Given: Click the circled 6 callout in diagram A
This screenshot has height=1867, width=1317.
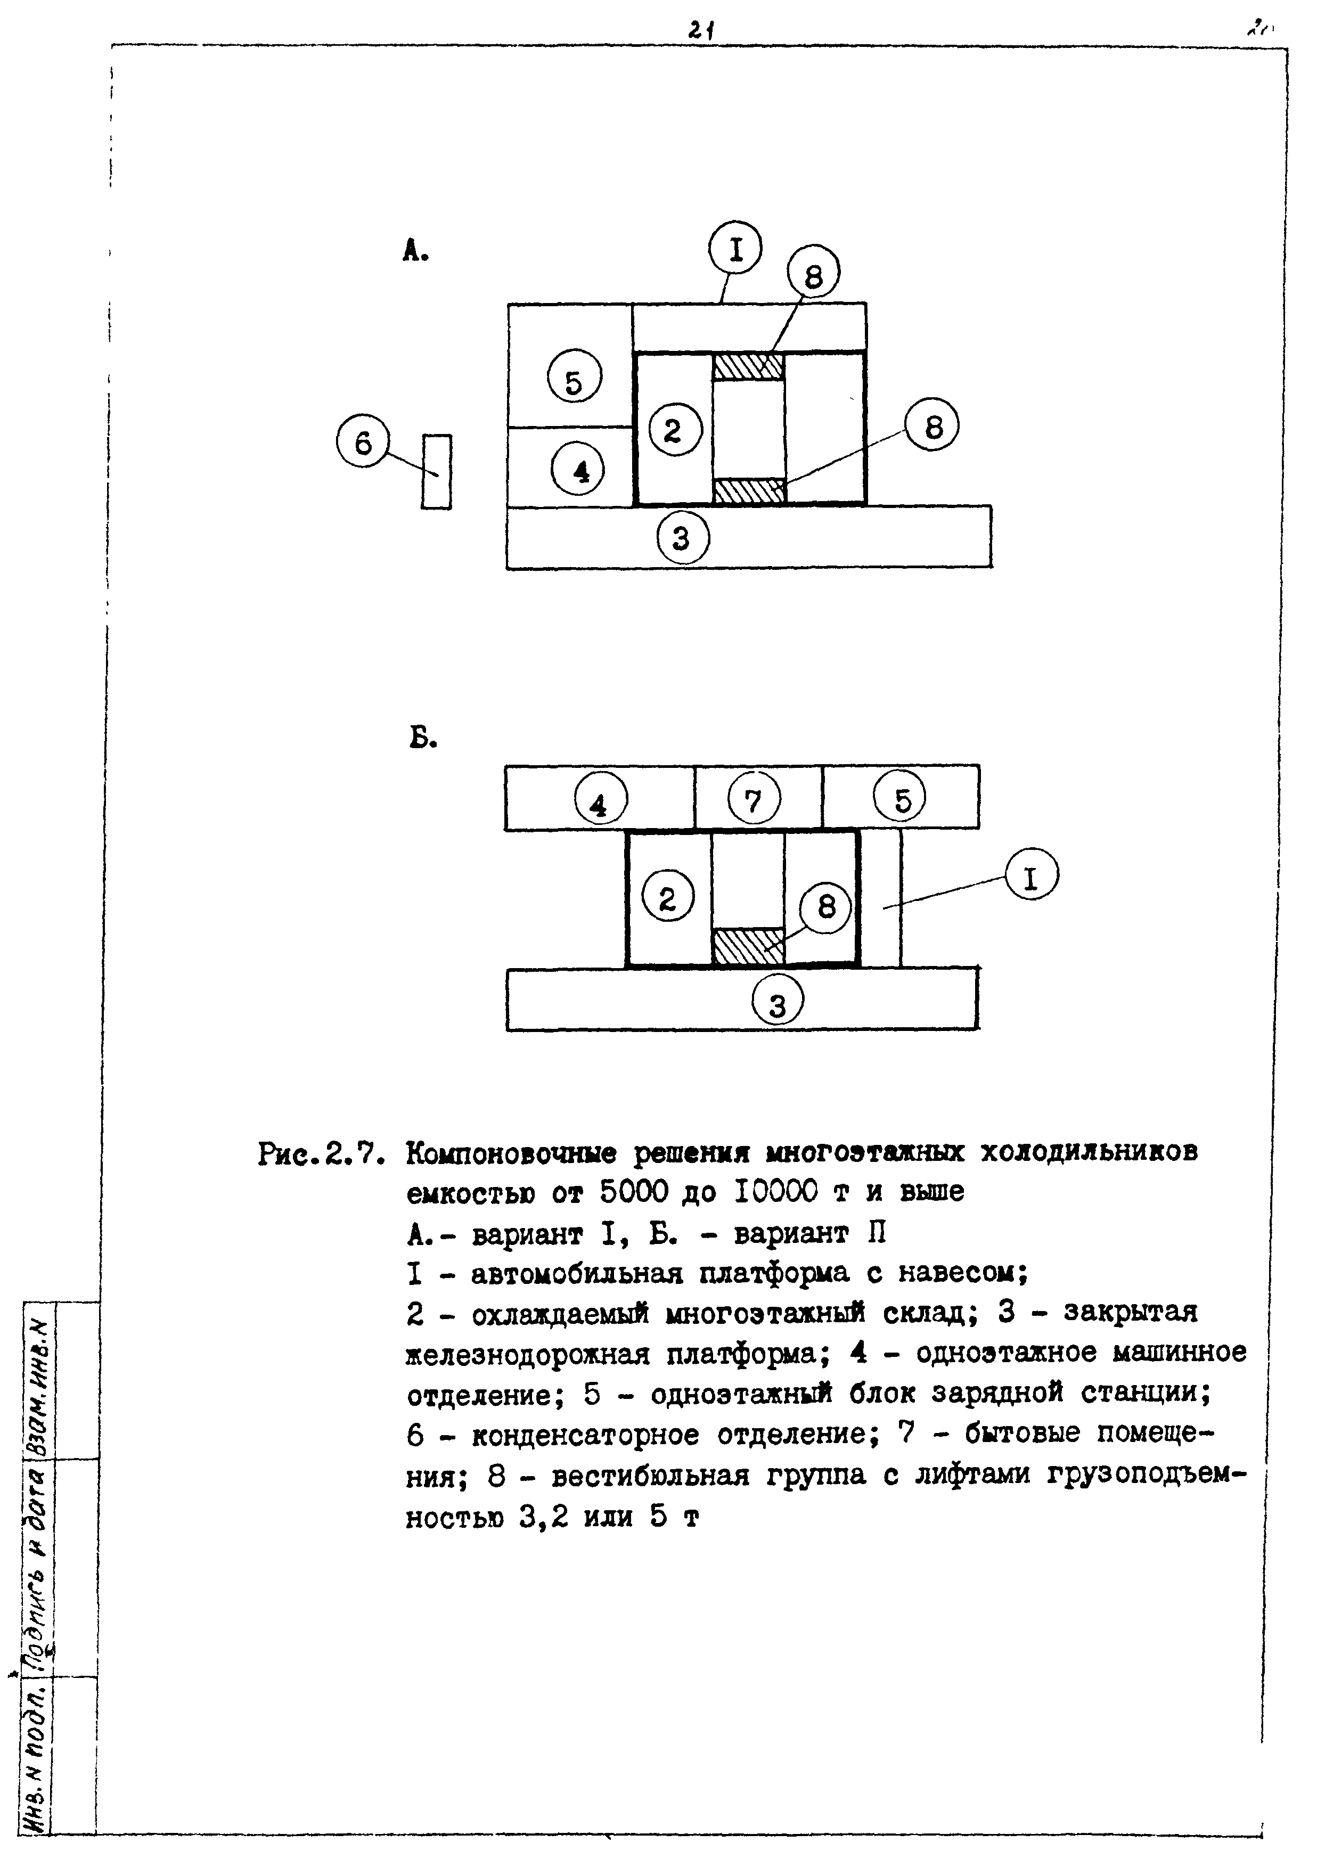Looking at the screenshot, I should [363, 444].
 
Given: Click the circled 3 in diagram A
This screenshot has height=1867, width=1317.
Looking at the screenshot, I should [683, 537].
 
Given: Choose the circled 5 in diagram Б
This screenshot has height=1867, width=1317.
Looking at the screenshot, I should [901, 799].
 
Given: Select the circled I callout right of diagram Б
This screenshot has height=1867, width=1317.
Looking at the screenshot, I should [1031, 878].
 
